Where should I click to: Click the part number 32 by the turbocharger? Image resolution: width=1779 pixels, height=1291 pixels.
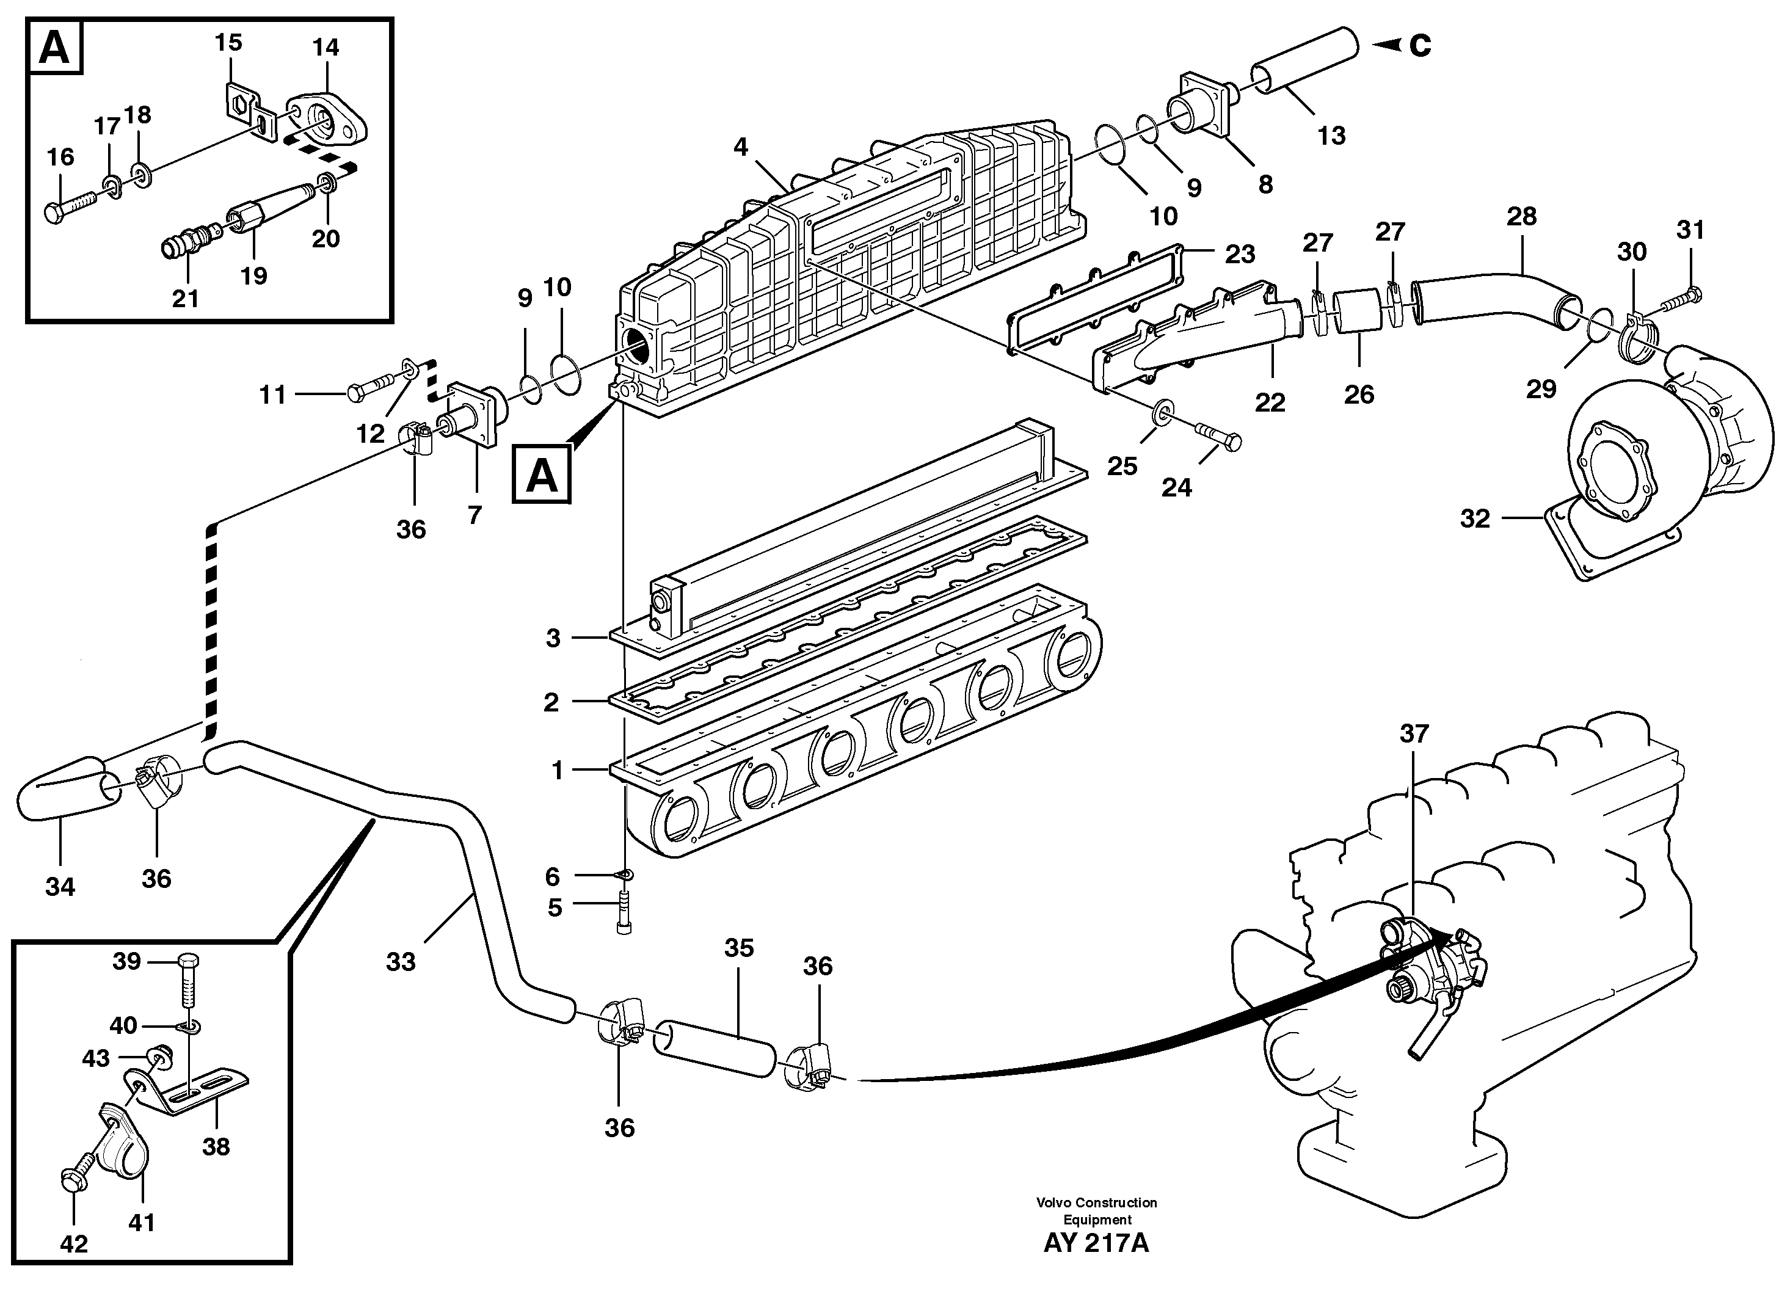(1475, 518)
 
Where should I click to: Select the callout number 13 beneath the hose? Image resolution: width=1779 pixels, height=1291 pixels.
(1331, 136)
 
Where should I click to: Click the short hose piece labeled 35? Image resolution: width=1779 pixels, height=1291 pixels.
(714, 1049)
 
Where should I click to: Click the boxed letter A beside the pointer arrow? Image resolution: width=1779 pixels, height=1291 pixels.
(541, 475)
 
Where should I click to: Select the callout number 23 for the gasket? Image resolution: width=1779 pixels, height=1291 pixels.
(1240, 253)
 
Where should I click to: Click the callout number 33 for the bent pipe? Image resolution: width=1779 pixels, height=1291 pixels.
(401, 962)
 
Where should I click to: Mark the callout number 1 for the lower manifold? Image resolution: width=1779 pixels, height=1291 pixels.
(558, 770)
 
